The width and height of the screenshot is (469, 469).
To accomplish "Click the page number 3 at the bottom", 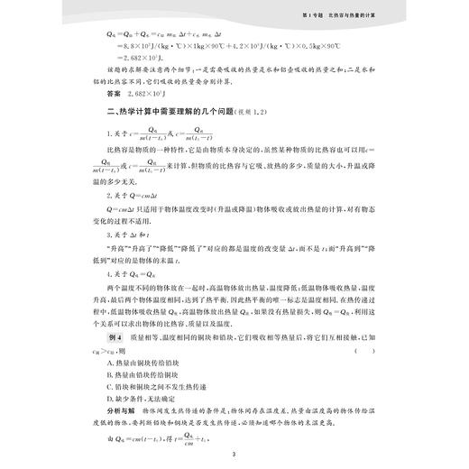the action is [233, 453].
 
